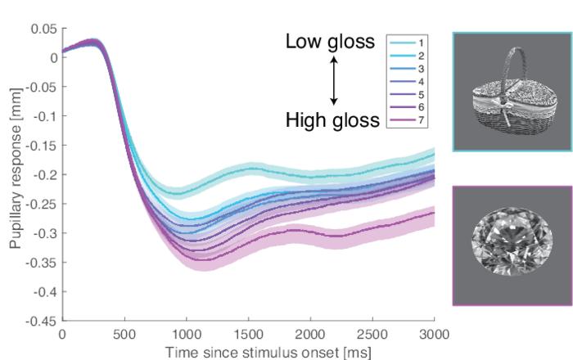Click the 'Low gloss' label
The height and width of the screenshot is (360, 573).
[329, 43]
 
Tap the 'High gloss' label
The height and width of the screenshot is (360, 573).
[332, 121]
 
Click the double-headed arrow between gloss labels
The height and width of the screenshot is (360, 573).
[333, 82]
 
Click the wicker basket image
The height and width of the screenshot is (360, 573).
[511, 92]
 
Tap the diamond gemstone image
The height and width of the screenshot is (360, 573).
[511, 245]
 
